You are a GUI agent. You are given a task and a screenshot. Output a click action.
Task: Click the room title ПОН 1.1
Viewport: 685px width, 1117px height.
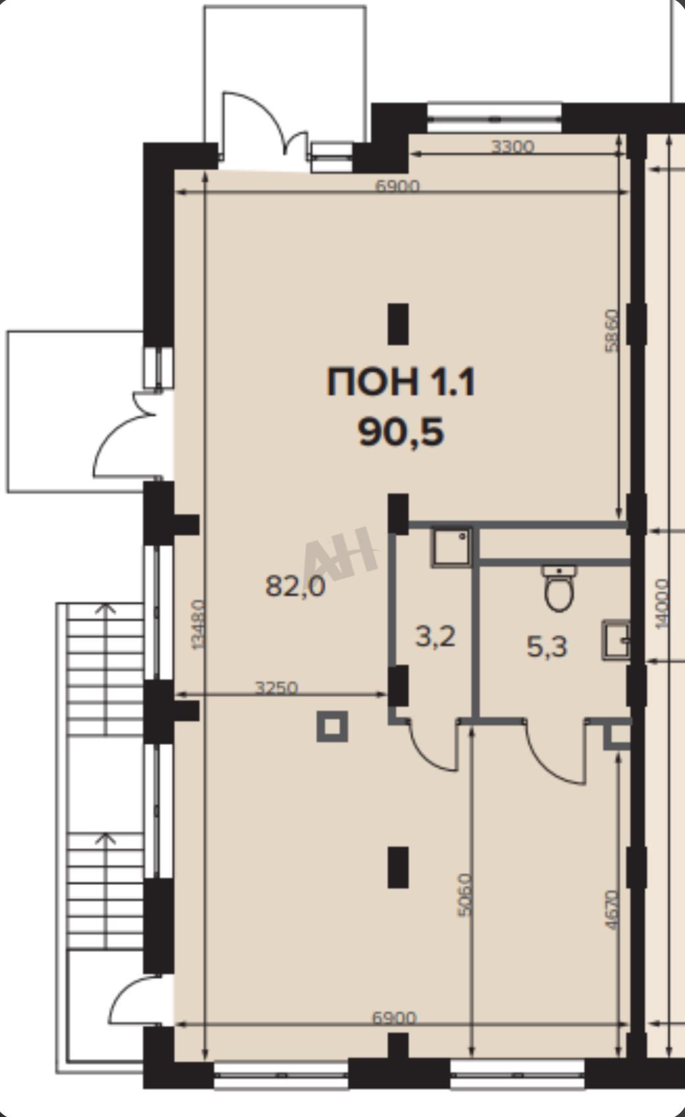point(401,382)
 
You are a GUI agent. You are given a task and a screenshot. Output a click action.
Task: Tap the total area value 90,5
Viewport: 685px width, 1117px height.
point(401,433)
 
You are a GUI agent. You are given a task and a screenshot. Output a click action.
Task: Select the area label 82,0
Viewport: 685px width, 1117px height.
point(295,585)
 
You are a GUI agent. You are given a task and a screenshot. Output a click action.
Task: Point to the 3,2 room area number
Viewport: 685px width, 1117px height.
point(436,637)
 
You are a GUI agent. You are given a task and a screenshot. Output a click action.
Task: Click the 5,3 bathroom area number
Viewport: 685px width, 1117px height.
point(547,648)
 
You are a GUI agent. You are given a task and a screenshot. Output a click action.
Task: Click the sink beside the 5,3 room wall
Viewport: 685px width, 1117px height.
point(616,640)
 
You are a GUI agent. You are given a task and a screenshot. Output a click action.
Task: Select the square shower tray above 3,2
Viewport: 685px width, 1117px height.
point(451,547)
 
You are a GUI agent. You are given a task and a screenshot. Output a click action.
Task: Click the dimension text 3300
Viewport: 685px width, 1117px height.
point(513,147)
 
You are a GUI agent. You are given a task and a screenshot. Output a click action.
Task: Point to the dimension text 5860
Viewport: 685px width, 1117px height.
point(611,331)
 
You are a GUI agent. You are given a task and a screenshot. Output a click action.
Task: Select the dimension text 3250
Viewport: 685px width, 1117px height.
point(276,688)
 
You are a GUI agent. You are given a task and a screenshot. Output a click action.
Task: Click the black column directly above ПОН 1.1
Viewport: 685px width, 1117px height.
point(398,324)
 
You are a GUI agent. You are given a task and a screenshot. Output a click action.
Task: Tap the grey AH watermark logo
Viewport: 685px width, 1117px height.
point(340,554)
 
